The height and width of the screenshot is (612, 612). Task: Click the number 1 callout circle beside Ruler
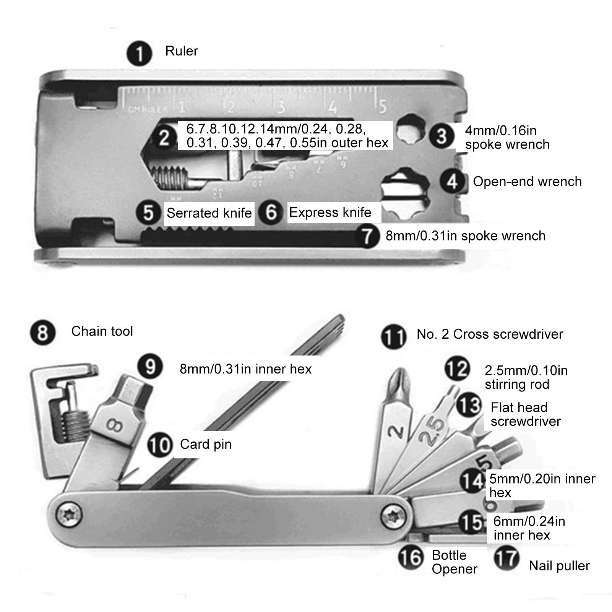pyautogui.click(x=140, y=53)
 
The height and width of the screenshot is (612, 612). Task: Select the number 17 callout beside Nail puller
pyautogui.click(x=506, y=558)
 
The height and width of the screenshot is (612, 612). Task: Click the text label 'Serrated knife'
pyautogui.click(x=209, y=213)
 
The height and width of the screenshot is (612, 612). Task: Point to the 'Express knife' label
pyautogui.click(x=330, y=212)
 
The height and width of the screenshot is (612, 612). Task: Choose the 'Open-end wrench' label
pyautogui.click(x=527, y=181)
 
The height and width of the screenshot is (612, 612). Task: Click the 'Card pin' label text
pyautogui.click(x=206, y=444)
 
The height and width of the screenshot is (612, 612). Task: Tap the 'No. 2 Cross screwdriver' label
pyautogui.click(x=490, y=334)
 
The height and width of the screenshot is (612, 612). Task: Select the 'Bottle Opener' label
pyautogui.click(x=454, y=562)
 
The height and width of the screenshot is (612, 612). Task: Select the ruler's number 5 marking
pyautogui.click(x=383, y=106)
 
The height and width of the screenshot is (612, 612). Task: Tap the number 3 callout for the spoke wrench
pyautogui.click(x=442, y=136)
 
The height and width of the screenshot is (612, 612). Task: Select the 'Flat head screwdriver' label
pyautogui.click(x=525, y=414)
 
